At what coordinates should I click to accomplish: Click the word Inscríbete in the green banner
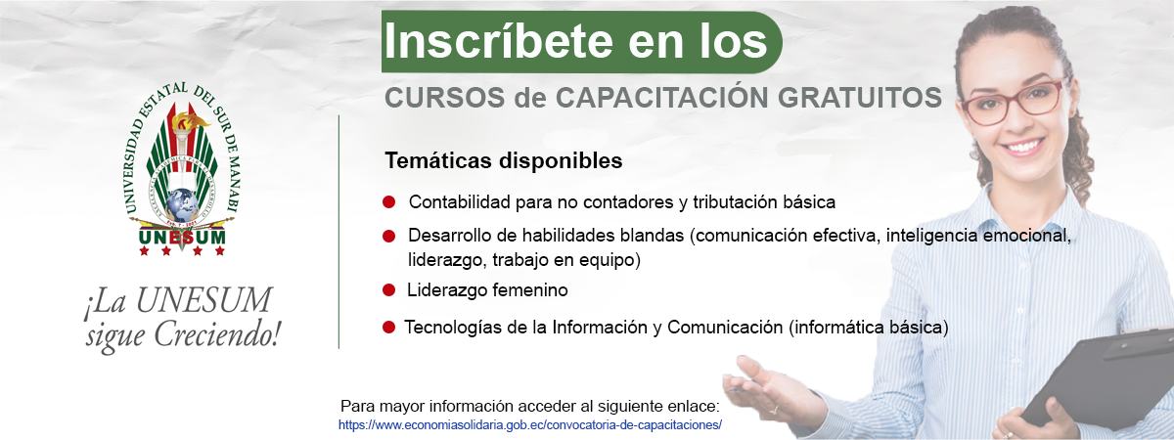[x=498, y=41]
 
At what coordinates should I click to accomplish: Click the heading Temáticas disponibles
[x=504, y=160]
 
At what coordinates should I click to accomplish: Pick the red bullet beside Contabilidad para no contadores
[x=389, y=202]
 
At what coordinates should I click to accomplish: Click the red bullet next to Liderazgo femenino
[x=389, y=290]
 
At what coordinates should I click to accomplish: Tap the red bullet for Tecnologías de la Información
[x=389, y=328]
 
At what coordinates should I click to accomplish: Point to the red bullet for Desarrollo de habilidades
[x=389, y=237]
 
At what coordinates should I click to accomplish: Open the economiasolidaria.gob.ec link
[x=530, y=424]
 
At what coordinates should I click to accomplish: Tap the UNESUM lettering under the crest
[x=182, y=238]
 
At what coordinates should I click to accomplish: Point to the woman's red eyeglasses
[x=1014, y=102]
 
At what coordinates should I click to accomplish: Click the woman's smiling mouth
[x=1023, y=146]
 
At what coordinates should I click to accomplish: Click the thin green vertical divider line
[x=339, y=232]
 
